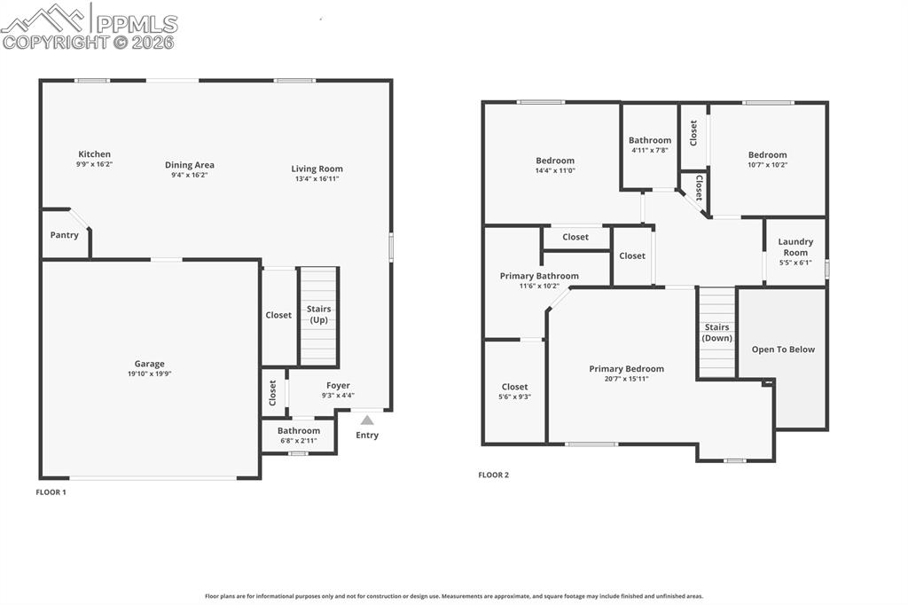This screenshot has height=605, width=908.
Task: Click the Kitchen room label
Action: pos(94,154)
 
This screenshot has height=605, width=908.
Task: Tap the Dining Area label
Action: pos(190,165)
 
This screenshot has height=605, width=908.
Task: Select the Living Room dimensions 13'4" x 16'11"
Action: pos(317,178)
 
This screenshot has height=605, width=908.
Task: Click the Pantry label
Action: pos(64,235)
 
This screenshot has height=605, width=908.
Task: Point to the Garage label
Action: pos(149,364)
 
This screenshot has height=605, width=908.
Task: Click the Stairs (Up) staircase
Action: pos(318,315)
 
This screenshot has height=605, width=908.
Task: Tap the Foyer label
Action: pos(338,386)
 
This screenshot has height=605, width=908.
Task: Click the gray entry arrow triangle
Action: pos(367,420)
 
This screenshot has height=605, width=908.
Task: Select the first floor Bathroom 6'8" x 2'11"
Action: pos(298,436)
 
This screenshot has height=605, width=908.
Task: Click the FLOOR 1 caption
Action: pos(51,491)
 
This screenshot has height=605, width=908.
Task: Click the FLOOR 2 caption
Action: pos(493,475)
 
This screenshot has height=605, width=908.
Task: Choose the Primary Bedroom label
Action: pos(626,369)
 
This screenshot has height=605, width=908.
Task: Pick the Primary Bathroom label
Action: pos(539,276)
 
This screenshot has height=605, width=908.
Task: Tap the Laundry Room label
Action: pos(794,247)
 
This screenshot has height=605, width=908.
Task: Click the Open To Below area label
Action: pos(783,350)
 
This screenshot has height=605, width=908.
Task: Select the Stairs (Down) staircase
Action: pos(716,333)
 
